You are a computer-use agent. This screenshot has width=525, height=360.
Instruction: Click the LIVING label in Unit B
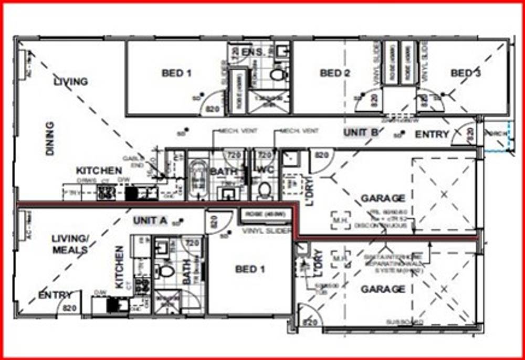click(71, 82)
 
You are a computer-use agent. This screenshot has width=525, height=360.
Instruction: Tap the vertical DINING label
click(50, 139)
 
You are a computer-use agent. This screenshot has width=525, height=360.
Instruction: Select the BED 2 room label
click(334, 73)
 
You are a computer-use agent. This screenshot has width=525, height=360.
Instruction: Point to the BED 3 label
click(465, 73)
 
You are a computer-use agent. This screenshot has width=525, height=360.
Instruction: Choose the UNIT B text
click(361, 133)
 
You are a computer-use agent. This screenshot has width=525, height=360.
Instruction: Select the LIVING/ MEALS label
click(70, 245)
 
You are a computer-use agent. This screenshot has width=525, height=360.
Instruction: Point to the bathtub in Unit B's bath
click(198, 178)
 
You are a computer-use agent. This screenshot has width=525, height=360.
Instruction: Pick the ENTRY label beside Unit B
click(432, 135)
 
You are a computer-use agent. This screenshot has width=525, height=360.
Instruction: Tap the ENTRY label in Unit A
click(55, 295)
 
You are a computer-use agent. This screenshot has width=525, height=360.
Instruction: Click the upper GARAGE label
click(383, 198)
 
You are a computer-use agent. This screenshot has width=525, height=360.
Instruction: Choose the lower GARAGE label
click(383, 289)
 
